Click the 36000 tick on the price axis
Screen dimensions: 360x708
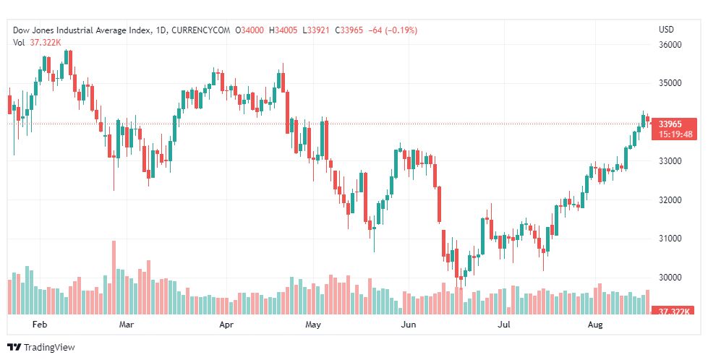pos(670,45)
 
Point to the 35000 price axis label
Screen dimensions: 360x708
pos(670,83)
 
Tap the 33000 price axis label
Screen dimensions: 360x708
pos(670,161)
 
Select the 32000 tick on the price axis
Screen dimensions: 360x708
pos(670,200)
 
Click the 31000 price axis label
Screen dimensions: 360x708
pos(670,239)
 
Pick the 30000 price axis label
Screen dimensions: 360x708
pos(670,278)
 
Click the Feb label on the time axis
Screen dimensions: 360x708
pos(40,325)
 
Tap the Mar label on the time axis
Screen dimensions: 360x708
pos(127,325)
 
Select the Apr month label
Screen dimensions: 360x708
pos(227,325)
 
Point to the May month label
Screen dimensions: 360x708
pos(313,325)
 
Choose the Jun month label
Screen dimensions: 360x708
pos(409,325)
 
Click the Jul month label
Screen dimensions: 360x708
pos(505,325)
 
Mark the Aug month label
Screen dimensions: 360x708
pos(595,325)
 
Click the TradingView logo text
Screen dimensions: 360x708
pos(48,348)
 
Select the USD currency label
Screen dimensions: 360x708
pos(666,30)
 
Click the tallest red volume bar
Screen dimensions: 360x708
pos(114,278)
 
